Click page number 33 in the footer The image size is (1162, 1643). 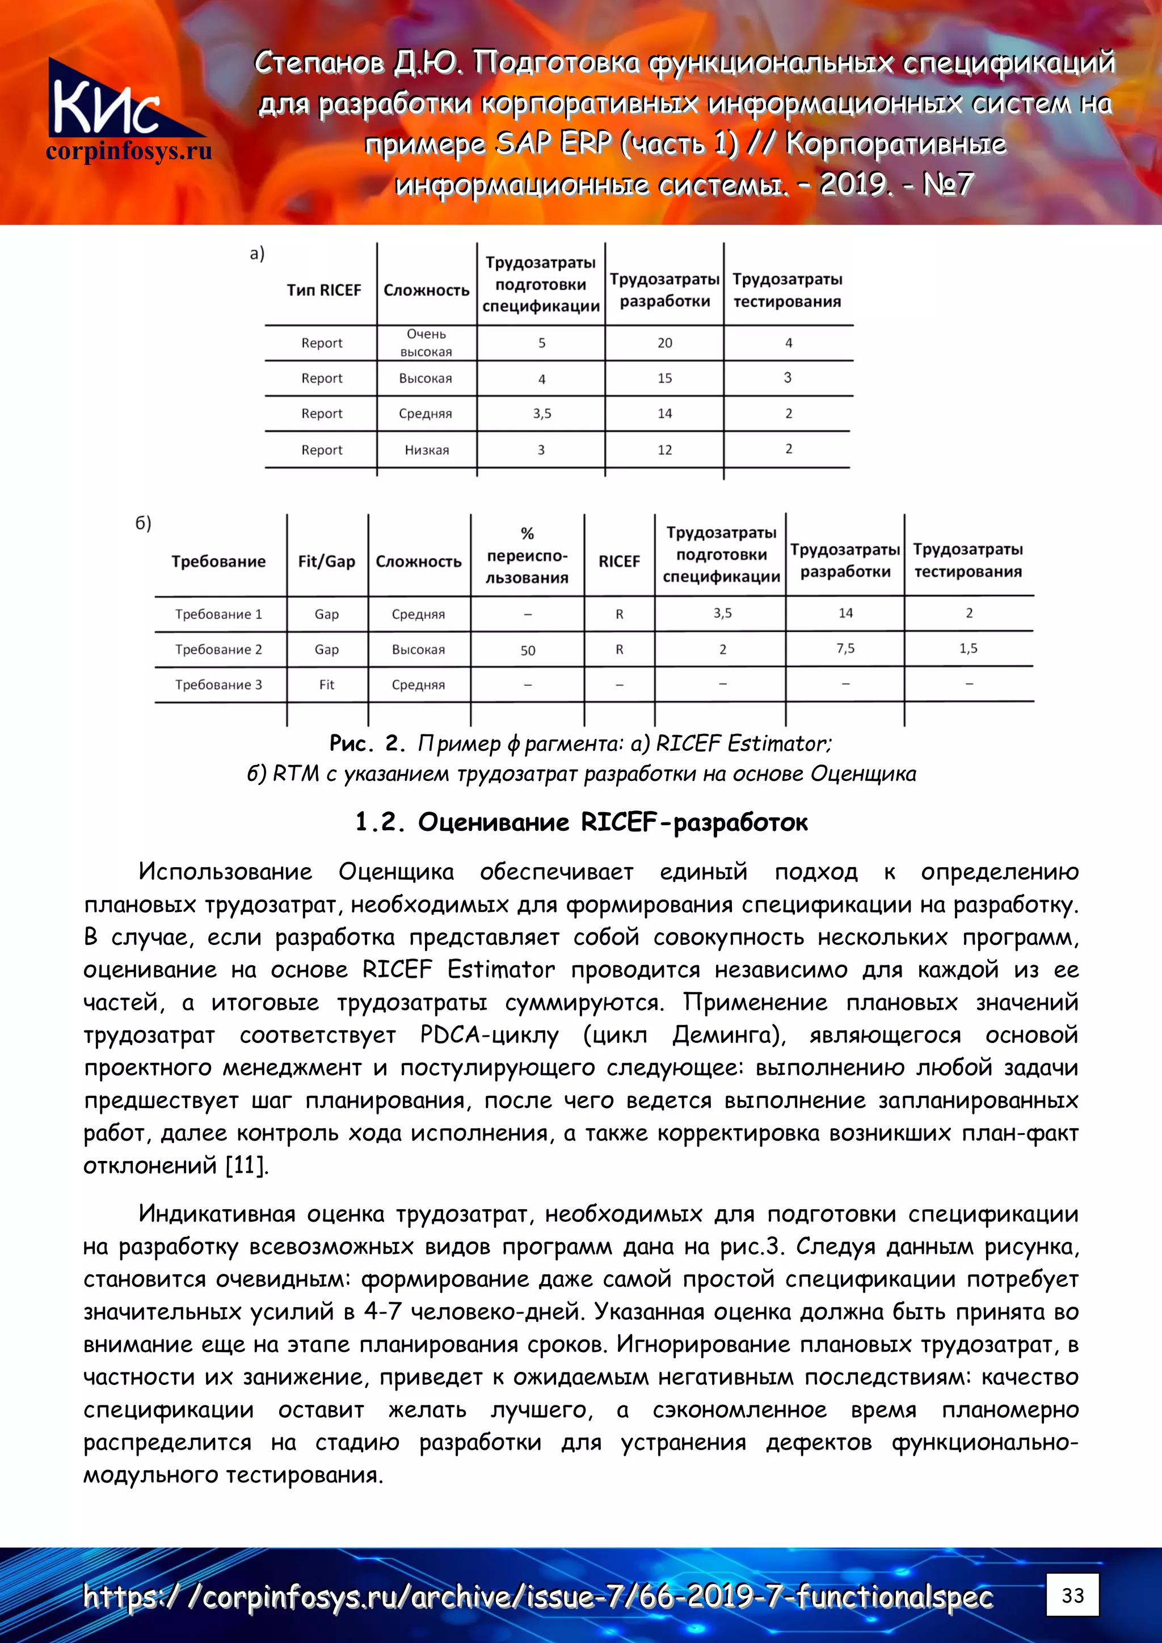click(x=1072, y=1595)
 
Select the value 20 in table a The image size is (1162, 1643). click(x=664, y=343)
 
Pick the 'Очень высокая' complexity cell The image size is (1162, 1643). click(x=426, y=343)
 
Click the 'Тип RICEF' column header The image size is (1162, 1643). click(x=323, y=290)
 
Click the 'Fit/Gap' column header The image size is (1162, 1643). click(x=326, y=561)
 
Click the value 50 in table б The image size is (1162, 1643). click(x=528, y=651)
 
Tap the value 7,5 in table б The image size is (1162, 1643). click(x=845, y=648)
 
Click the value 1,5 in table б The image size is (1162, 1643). click(x=968, y=648)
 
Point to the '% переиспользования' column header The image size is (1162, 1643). click(x=527, y=555)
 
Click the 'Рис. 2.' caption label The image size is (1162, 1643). click(x=367, y=744)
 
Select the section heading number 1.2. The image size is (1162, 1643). click(x=380, y=822)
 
